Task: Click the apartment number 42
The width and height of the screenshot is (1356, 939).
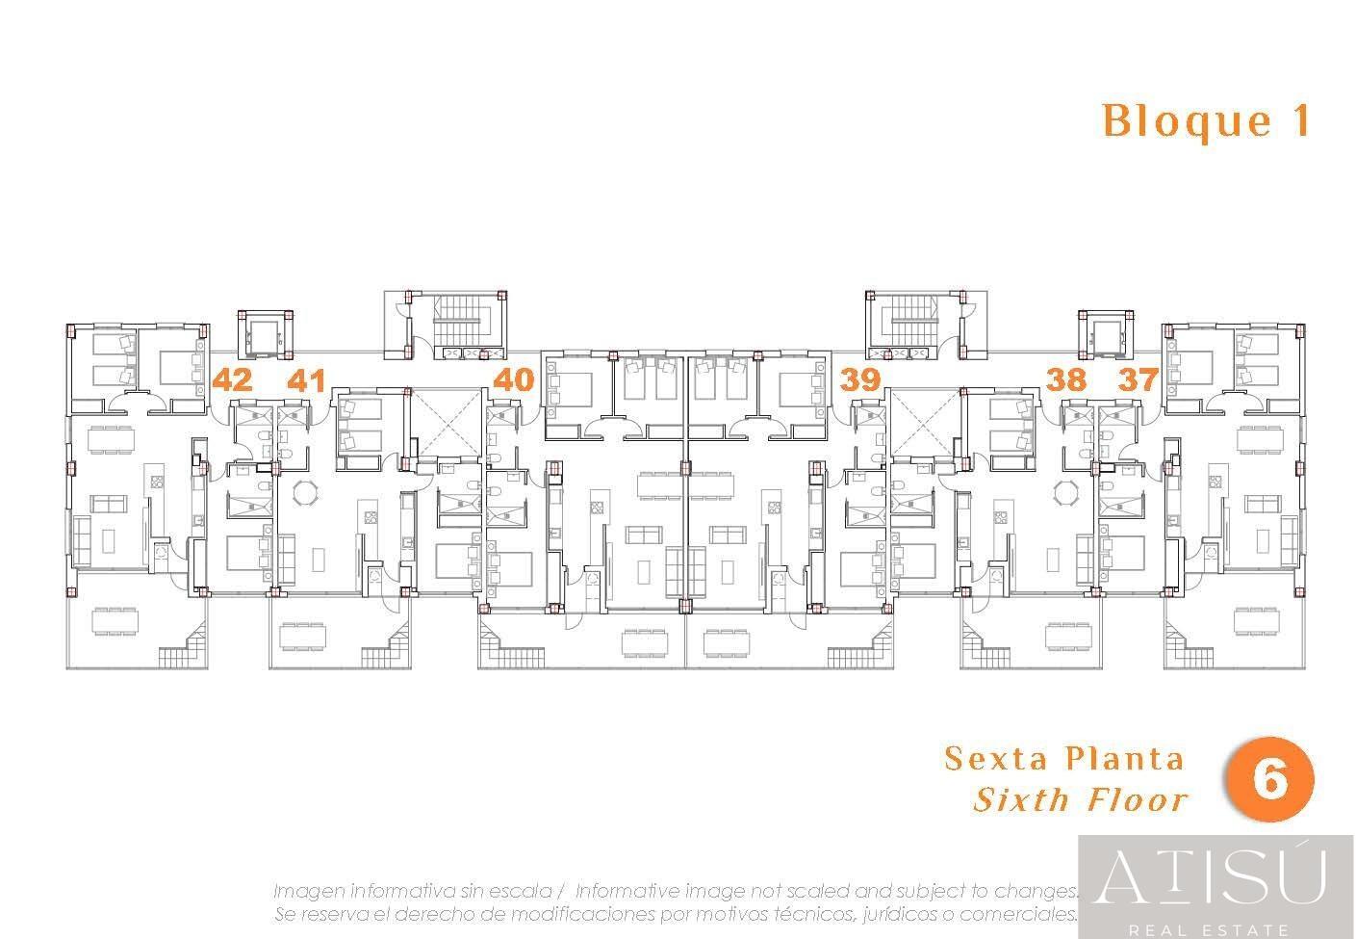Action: coord(233,380)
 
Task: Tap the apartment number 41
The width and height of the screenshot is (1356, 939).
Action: coord(306,380)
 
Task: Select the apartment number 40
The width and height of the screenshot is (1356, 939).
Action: coord(514,380)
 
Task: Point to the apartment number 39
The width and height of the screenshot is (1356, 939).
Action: coord(860,380)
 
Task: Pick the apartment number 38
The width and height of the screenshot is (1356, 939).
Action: coord(1066,380)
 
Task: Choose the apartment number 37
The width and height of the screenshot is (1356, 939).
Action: coord(1139,380)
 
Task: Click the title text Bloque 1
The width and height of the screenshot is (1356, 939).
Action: coord(1206,121)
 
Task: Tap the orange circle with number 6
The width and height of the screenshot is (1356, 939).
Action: coord(1269,780)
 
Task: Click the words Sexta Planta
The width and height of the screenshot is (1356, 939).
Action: coord(1063,759)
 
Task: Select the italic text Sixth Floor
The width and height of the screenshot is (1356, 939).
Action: coord(1081,799)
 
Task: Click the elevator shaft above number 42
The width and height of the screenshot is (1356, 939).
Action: coord(266,335)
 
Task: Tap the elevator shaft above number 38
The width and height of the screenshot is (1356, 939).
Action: coord(1106,335)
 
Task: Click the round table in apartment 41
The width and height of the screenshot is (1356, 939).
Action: coord(305,493)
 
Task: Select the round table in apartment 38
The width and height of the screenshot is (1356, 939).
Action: coord(1065,493)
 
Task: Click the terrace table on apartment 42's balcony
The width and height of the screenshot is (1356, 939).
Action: coord(115,622)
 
